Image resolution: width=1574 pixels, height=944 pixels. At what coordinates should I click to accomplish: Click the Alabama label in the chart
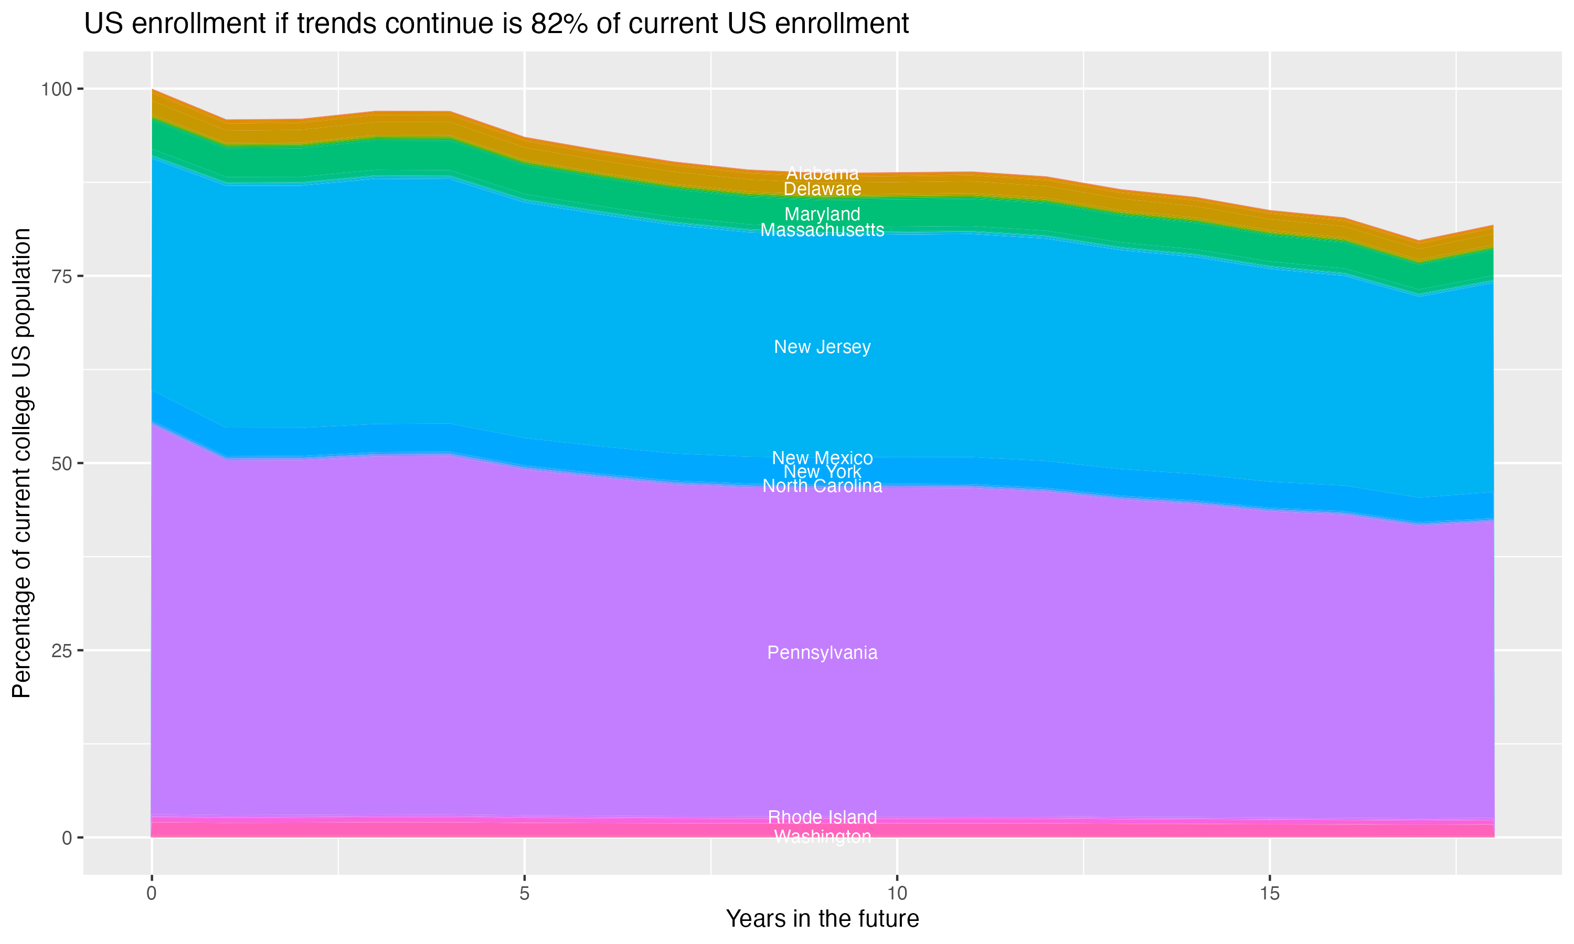822,173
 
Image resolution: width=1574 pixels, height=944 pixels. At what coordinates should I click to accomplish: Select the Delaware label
822,189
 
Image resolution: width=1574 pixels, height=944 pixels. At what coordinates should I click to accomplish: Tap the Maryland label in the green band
822,214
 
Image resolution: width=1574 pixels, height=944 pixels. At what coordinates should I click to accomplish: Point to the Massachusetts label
822,230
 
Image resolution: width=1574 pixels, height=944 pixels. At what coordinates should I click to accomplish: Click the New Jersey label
822,347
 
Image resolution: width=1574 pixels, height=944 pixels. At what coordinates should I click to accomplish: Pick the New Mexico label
822,458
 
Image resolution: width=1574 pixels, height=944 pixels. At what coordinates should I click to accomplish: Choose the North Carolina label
822,487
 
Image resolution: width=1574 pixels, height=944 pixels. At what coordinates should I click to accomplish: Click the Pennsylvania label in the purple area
822,652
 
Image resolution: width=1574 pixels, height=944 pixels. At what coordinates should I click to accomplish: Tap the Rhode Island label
822,818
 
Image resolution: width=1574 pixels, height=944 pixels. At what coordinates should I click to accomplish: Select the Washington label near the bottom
822,836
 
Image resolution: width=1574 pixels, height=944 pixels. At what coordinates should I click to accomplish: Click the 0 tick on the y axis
67,838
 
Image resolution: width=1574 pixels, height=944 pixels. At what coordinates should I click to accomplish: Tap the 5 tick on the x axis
524,894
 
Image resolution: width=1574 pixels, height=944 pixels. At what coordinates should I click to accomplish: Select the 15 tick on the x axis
1269,894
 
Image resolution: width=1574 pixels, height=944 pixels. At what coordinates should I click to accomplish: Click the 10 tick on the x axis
897,894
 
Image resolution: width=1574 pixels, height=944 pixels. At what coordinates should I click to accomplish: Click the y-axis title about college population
22,463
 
